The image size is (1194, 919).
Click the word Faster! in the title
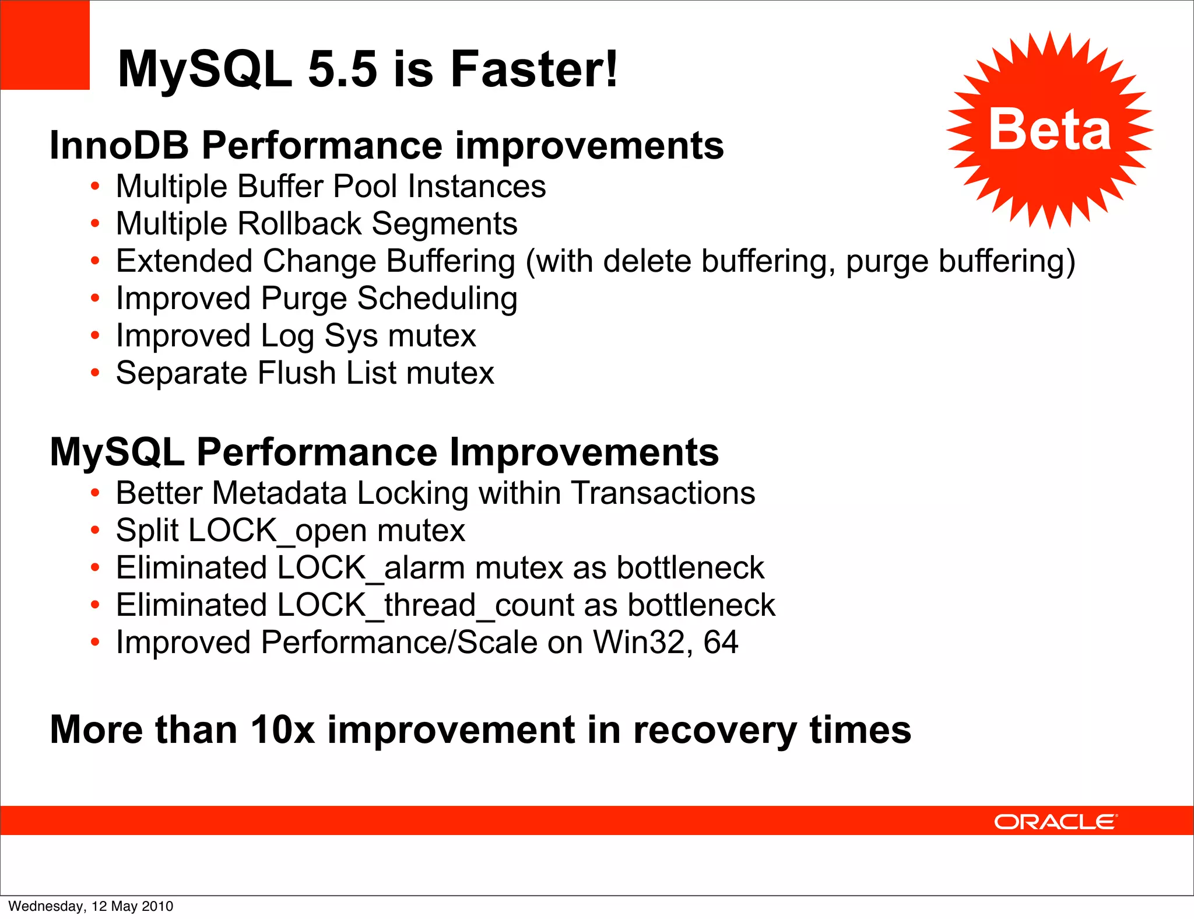tap(533, 69)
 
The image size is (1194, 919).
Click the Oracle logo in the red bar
tap(1055, 822)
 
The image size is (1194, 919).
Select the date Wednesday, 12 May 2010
tap(91, 906)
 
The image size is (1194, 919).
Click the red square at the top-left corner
tap(44, 44)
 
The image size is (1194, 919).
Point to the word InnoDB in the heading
tap(120, 145)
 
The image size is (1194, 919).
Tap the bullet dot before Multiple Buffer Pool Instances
tap(95, 187)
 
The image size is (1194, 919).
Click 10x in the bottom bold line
tap(283, 730)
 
